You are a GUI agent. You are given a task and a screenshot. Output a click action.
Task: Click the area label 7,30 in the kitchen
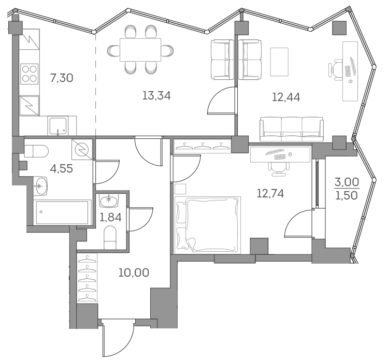(61, 78)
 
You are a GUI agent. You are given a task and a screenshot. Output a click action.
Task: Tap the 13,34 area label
(156, 95)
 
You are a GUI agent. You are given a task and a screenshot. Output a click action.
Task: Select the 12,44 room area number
(286, 96)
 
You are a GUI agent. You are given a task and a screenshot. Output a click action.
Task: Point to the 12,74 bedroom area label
(270, 193)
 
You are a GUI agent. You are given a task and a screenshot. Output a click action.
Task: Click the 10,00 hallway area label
(134, 272)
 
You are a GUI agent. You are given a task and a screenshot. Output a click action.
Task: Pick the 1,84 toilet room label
(110, 217)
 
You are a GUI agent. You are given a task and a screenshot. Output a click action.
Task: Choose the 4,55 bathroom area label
(61, 168)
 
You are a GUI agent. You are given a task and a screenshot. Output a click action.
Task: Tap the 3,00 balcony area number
(347, 182)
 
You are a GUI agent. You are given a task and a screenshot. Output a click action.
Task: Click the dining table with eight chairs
(140, 50)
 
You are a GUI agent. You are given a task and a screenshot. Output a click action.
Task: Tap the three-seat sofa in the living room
(291, 128)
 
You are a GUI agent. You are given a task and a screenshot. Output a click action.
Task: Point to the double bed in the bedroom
(208, 224)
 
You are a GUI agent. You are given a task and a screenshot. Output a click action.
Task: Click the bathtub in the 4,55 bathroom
(61, 212)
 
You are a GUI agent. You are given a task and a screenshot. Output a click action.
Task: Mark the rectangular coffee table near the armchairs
(279, 61)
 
